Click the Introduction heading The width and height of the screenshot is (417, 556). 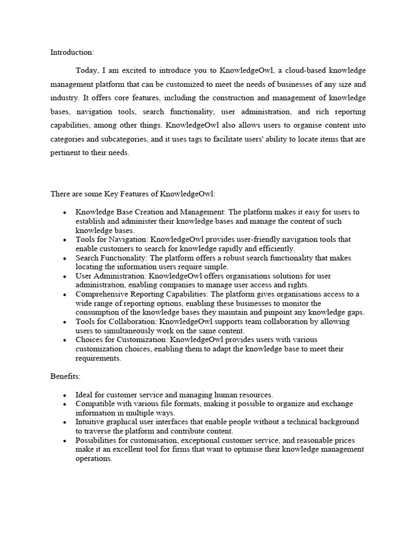coord(72,52)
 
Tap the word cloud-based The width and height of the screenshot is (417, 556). coord(296,71)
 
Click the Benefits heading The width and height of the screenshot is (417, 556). coord(65,376)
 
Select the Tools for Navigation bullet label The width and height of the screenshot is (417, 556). coord(111,239)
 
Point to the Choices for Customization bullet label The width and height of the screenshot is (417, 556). coord(121,340)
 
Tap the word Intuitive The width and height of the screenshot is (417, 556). coord(91,422)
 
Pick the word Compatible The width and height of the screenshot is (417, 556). coord(95,404)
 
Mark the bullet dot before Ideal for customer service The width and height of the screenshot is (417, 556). coord(65,395)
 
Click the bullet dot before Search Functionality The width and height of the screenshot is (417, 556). coord(65,258)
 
